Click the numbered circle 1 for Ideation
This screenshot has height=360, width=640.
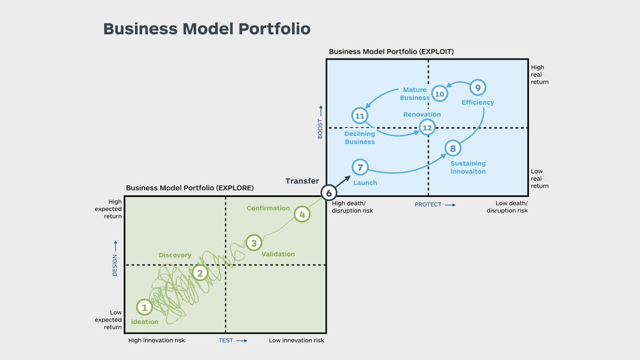[x=144, y=307]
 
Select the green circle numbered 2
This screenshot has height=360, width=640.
[x=200, y=273]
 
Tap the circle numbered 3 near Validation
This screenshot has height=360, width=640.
[x=254, y=243]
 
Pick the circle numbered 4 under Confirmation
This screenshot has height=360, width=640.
[x=302, y=214]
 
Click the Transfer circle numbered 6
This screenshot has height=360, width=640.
[x=329, y=193]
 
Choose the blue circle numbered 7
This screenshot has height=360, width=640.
[x=360, y=167]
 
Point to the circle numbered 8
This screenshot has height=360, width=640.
[x=453, y=149]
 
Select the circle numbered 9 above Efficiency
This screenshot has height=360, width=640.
[x=477, y=88]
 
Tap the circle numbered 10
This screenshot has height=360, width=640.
[x=439, y=94]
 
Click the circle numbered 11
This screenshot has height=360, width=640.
[x=360, y=116]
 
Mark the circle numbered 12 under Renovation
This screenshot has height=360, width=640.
[x=427, y=127]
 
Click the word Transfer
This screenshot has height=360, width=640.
[x=302, y=181]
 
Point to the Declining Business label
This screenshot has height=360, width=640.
[x=359, y=138]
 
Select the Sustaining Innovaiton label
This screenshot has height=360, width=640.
[x=468, y=167]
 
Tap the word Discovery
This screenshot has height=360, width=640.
[x=175, y=255]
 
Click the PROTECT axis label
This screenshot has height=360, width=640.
[x=428, y=204]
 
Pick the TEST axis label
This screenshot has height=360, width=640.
[x=226, y=340]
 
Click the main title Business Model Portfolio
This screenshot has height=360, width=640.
[x=206, y=29]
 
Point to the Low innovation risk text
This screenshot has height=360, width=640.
[x=296, y=340]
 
